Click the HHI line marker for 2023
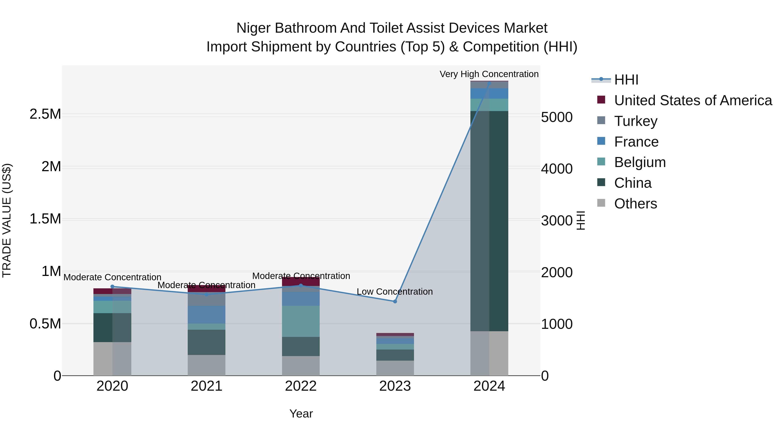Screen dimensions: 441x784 (x=395, y=301)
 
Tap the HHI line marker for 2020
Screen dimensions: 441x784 (x=112, y=286)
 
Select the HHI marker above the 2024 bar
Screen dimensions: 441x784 (x=489, y=83)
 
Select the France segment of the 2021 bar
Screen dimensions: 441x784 (x=206, y=314)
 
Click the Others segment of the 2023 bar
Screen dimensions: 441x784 (x=395, y=368)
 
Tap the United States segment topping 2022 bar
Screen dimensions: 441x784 (x=301, y=281)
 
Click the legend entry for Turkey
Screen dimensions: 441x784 (x=635, y=121)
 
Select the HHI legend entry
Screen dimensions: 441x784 (x=626, y=80)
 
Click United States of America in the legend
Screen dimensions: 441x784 (x=693, y=100)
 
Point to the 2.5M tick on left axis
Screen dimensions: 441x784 (x=45, y=114)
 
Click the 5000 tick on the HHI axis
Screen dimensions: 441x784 (x=557, y=117)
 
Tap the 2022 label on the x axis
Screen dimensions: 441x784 (x=301, y=386)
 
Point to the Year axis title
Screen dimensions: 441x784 (x=301, y=414)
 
